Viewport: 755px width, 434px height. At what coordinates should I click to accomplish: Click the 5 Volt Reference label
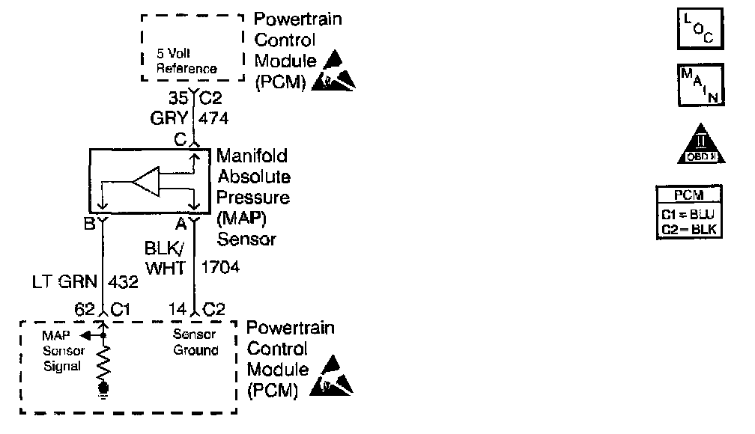(x=186, y=61)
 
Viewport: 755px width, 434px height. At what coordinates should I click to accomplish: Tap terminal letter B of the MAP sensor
(x=89, y=224)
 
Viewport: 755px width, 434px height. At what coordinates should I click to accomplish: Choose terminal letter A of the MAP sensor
(x=180, y=224)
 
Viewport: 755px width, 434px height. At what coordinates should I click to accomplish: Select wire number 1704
(x=220, y=266)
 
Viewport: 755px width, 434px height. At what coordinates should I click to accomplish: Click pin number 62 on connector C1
(x=84, y=308)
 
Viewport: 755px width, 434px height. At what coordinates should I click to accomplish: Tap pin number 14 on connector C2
(x=178, y=308)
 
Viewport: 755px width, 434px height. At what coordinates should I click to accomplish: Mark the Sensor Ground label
(x=195, y=343)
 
